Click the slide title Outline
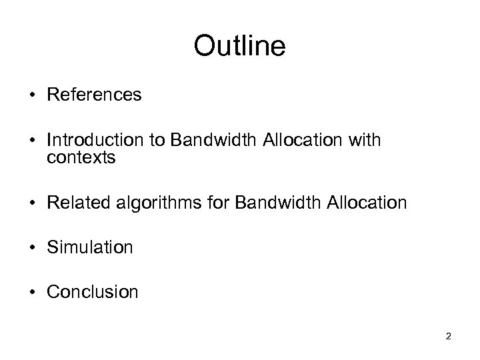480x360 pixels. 239,47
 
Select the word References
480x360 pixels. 94,95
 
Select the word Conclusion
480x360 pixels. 93,291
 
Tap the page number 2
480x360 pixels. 448,337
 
